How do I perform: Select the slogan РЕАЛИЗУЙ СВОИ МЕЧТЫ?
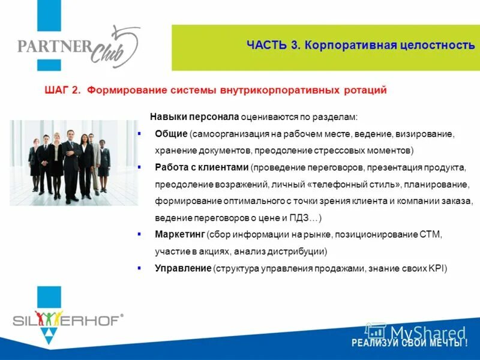(409, 343)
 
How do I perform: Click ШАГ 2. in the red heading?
(62, 90)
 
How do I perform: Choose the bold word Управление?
(182, 268)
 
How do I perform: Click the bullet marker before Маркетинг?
(139, 233)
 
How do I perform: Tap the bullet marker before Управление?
(139, 268)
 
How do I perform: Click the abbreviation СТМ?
(431, 234)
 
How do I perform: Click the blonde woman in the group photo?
(56, 159)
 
